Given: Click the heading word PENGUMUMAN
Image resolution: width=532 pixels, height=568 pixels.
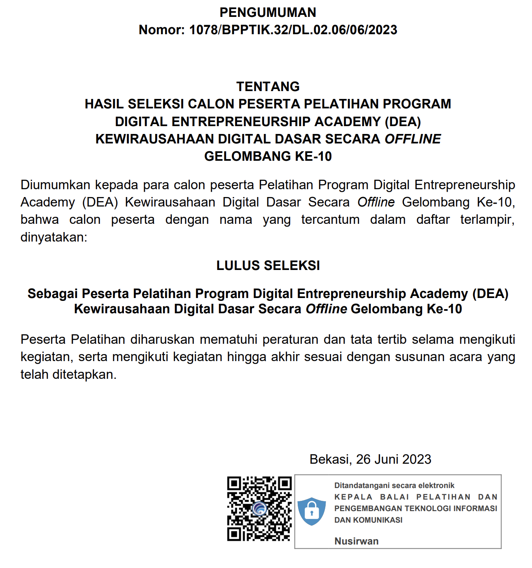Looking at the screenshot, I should pos(268,12).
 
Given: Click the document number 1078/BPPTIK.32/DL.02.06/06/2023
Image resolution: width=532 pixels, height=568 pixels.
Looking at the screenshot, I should pos(293,30).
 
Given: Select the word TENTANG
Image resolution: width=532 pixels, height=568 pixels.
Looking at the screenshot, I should pos(268,87).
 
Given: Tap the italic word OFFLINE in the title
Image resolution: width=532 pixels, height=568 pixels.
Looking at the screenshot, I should pos(413,139).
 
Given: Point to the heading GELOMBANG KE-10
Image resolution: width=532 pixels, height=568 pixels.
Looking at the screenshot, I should pos(268,157).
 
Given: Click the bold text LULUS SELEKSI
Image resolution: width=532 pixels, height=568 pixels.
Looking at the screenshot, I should pos(268,265).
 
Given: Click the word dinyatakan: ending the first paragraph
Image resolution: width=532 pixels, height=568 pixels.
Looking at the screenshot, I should pos(54,237).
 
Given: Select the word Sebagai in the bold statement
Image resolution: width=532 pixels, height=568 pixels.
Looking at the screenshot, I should pos(52,294).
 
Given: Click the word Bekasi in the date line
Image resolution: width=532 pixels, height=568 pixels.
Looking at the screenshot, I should pos(329,459).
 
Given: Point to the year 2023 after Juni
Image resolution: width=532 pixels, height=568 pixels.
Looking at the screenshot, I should pos(417,459).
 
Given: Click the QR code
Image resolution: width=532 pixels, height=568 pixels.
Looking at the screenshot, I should pos(259,509).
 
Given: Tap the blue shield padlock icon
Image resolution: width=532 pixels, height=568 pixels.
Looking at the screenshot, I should pos(312,511).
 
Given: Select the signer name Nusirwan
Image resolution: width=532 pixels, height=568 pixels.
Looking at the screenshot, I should pos(356,541).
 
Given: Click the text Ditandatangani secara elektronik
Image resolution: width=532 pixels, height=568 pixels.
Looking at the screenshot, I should pos(394,486).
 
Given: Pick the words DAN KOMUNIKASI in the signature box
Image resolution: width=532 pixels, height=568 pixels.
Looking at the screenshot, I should pos(368,520).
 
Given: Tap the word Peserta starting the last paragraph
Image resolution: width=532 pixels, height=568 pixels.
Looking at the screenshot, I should pos(44,340).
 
